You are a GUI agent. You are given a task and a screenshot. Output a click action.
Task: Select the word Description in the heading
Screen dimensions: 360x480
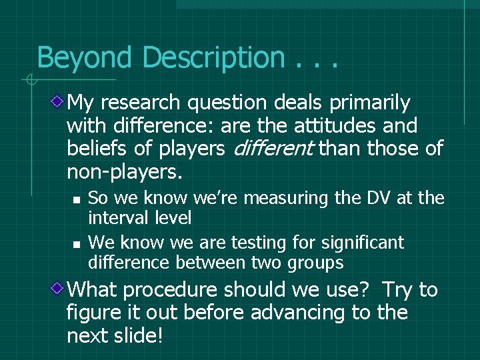[213, 57]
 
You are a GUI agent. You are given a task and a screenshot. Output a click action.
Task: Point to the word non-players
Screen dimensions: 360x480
[124, 171]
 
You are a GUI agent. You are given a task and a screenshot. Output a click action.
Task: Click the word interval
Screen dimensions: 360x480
[118, 217]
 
